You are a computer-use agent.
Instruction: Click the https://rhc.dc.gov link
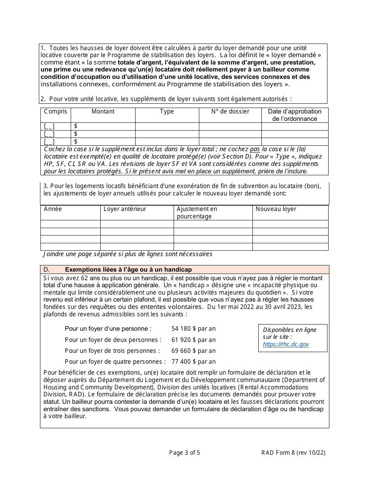tap(285, 344)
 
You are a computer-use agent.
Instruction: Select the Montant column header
tap(103, 112)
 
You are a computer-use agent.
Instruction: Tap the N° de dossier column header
tap(230, 112)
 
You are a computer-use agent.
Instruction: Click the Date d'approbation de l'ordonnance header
tap(295, 115)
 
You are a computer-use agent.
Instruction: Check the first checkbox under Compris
tap(49, 126)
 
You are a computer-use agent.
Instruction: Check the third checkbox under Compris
tap(49, 141)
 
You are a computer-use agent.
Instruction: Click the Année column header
tap(53, 209)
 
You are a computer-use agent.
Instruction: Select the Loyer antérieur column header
tap(125, 209)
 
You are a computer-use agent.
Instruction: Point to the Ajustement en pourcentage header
tap(197, 213)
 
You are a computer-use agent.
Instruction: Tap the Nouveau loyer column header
tap(276, 209)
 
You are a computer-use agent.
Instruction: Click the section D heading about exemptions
tap(128, 270)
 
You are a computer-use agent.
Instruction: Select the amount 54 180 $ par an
tap(193, 329)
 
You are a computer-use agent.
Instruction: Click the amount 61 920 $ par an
tap(193, 340)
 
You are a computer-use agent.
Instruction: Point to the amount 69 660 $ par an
tap(193, 351)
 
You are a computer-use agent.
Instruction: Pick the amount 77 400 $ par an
tap(193, 362)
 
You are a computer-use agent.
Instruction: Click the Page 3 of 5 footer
tap(184, 452)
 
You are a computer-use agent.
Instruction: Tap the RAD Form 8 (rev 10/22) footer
tap(293, 452)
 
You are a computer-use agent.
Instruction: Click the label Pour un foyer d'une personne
tap(108, 329)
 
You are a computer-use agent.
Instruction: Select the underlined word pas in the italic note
tap(254, 149)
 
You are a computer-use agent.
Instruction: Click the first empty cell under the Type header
tap(167, 126)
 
